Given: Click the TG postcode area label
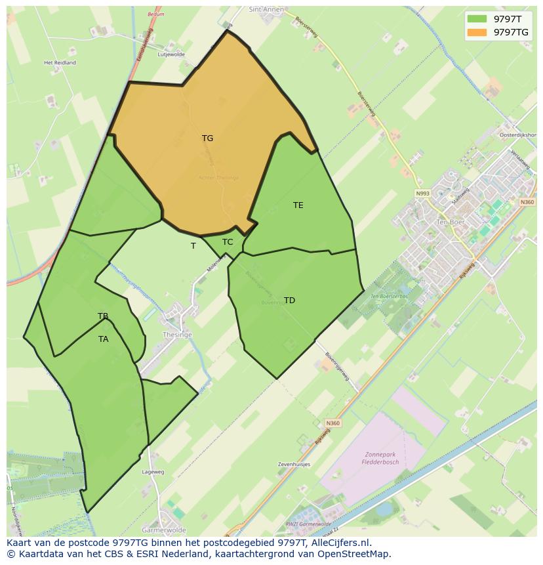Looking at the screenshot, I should (207, 138).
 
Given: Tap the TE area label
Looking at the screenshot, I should (298, 205).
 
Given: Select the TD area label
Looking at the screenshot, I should (289, 301).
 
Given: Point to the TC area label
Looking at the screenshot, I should (228, 242).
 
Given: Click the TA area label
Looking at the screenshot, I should (103, 339).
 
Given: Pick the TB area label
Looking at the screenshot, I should (103, 316).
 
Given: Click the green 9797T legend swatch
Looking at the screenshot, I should (477, 18).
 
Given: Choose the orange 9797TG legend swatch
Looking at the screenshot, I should (477, 32).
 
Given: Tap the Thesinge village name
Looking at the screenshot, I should (177, 335).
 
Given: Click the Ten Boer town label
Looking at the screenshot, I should (450, 222).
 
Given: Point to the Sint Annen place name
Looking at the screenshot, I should (266, 10).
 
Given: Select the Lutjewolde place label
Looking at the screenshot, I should (171, 55).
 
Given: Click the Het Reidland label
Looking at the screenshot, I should (60, 63).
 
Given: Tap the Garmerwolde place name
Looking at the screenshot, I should (164, 530).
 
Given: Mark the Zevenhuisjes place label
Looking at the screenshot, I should (294, 464).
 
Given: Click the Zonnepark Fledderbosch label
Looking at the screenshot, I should (380, 457).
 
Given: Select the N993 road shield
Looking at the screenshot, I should (422, 194).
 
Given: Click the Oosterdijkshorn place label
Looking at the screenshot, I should (518, 135).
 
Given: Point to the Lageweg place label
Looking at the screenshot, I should (153, 472).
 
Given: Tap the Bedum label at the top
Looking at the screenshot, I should (155, 14).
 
